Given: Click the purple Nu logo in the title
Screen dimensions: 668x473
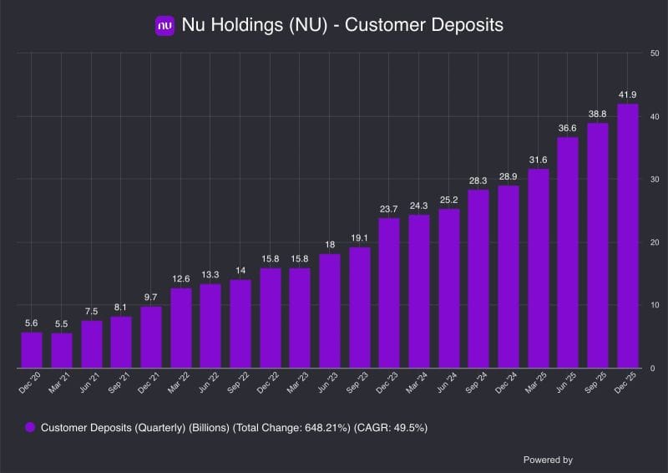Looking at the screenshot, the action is click(164, 26).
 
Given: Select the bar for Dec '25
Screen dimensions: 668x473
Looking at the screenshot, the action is click(628, 236).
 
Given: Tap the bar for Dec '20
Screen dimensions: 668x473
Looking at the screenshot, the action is click(32, 350).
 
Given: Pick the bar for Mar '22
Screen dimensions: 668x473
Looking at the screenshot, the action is click(181, 328).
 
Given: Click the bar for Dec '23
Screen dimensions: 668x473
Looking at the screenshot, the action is click(389, 293).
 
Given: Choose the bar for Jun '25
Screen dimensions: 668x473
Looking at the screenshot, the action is click(568, 252).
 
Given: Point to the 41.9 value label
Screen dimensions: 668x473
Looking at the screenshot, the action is click(628, 94).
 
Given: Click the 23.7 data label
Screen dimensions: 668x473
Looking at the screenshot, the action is click(388, 209).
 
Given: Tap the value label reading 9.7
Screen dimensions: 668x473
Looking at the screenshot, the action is click(150, 298).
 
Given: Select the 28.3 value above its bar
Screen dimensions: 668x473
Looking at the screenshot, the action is click(478, 181).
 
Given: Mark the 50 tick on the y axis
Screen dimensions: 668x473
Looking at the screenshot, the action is click(655, 53).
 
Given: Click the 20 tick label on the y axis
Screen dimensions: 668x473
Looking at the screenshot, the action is click(655, 242).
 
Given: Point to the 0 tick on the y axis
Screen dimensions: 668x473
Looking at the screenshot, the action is click(652, 369).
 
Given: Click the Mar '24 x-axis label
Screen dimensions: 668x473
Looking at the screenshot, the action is click(417, 382).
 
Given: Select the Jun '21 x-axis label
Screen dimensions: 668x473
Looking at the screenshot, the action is click(89, 382).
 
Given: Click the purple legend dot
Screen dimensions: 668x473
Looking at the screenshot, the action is click(30, 427).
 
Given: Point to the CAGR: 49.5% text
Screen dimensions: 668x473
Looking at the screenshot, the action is click(391, 428).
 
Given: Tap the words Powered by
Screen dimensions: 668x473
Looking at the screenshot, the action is click(548, 460).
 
